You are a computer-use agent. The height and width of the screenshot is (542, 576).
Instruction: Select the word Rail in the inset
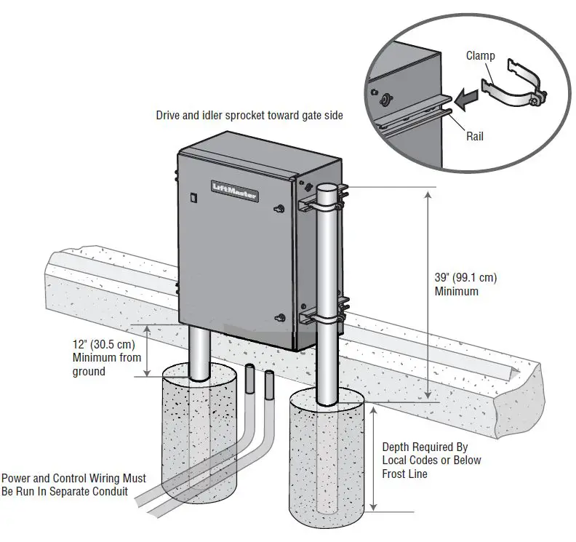click(x=475, y=135)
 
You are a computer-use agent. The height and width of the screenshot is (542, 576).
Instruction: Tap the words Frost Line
click(x=404, y=474)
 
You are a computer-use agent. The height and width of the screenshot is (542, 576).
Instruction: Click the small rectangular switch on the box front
click(x=193, y=196)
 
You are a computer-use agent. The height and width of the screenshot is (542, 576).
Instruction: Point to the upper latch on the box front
click(x=279, y=210)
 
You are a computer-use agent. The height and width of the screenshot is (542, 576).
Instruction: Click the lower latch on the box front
click(x=280, y=317)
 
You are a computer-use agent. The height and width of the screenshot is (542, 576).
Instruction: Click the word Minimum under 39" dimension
click(x=457, y=291)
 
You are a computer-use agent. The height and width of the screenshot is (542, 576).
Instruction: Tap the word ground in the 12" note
click(x=89, y=371)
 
